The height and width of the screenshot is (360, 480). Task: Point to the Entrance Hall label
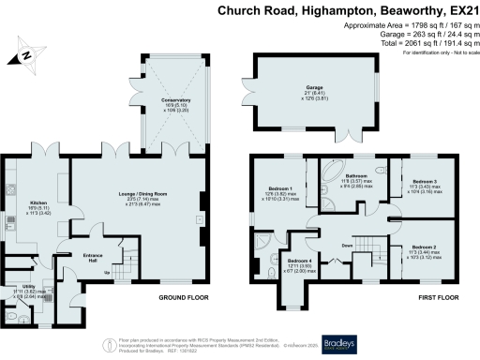coord(93,254)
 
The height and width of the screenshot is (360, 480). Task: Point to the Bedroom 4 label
coord(300,260)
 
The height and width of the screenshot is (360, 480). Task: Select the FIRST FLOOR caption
coord(414,298)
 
